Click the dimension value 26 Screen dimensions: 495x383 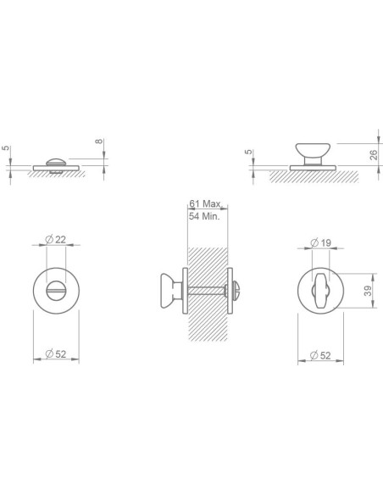click(374, 154)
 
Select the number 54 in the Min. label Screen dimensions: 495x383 click(194, 217)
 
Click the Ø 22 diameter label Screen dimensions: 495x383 click(56, 240)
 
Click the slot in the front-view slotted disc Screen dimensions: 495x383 click(56, 291)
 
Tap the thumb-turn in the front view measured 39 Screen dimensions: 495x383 click(322, 291)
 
